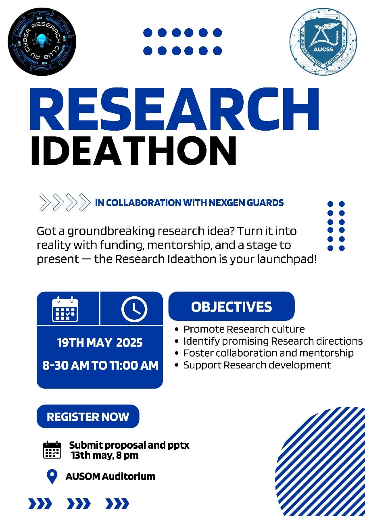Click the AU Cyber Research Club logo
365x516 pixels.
point(42,42)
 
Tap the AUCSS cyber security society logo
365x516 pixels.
point(323,41)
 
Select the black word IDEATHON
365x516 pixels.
point(133,151)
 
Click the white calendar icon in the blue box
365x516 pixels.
point(65,309)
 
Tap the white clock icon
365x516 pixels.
point(134,309)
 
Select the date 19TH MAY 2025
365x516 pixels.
point(100,343)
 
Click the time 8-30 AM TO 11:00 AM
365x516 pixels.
point(100,366)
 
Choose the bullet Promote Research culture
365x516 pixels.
point(244,329)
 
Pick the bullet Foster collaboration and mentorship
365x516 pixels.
point(268,353)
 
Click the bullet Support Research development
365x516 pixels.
point(257,365)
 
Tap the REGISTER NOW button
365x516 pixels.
point(88,416)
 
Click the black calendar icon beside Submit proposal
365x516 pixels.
point(52,450)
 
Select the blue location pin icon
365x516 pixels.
point(52,476)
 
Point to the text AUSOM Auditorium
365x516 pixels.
point(110,476)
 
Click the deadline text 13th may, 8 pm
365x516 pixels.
point(105,456)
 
